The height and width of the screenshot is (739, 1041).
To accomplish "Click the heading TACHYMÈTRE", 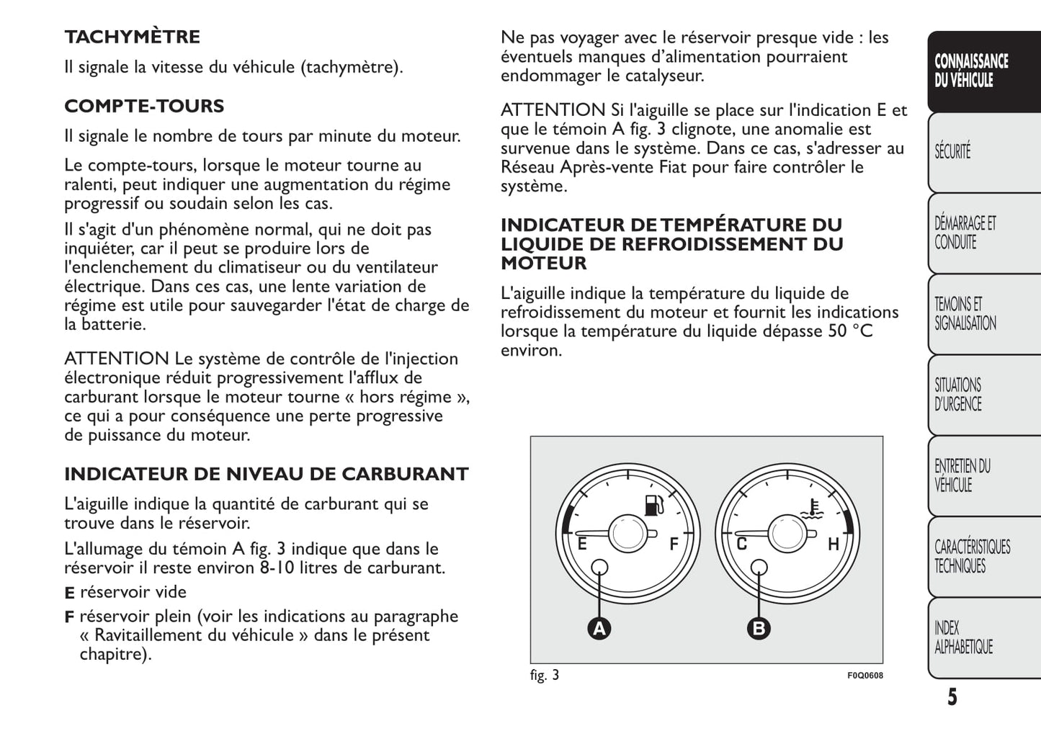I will click(x=132, y=37).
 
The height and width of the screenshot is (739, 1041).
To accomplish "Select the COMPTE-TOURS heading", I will click(x=144, y=106).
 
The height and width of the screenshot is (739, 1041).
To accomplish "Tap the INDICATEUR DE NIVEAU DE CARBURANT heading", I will click(x=266, y=474).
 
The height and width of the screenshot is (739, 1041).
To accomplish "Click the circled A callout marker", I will click(x=599, y=629).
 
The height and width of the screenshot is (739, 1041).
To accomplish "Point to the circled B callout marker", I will click(x=759, y=629).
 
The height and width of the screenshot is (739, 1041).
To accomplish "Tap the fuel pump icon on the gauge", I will click(x=653, y=506).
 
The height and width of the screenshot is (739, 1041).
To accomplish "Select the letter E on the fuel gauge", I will click(x=582, y=544).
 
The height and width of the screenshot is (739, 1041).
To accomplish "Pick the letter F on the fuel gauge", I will click(x=674, y=544).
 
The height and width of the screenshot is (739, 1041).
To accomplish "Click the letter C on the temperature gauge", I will click(x=741, y=544).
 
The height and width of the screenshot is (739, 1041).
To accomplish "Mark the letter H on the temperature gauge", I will click(x=834, y=544).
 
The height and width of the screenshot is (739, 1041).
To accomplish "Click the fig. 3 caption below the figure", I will click(x=544, y=675).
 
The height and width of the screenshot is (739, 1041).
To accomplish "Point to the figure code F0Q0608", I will click(x=864, y=676).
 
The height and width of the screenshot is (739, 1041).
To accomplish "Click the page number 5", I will click(x=952, y=697).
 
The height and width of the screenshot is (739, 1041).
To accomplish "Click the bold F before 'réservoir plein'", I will click(x=69, y=617).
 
